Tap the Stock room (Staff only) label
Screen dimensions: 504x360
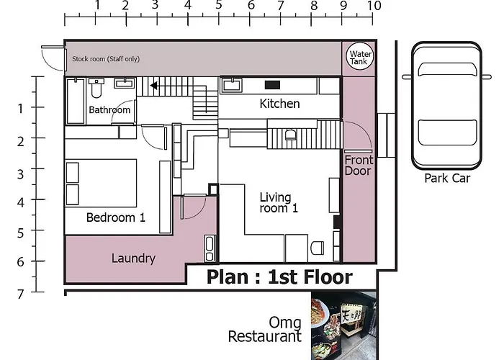pyautogui.click(x=106, y=59)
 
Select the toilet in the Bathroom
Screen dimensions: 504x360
pyautogui.click(x=96, y=88)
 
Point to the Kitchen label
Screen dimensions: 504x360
pyautogui.click(x=279, y=104)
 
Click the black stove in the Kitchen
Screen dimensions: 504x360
pyautogui.click(x=272, y=85)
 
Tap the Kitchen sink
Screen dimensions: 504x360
pyautogui.click(x=231, y=85)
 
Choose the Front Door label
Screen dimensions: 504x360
pyautogui.click(x=359, y=165)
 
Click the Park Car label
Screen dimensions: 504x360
pyautogui.click(x=447, y=178)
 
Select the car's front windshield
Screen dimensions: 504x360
pyautogui.click(x=447, y=70)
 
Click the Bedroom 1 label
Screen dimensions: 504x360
pyautogui.click(x=116, y=217)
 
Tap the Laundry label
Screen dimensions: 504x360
pyautogui.click(x=133, y=258)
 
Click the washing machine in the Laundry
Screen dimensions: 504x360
pyautogui.click(x=210, y=248)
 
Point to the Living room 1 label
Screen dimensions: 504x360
pyautogui.click(x=279, y=202)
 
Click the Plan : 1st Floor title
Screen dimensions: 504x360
pyautogui.click(x=279, y=276)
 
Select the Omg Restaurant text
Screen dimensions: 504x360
pyautogui.click(x=264, y=330)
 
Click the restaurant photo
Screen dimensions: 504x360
pyautogui.click(x=343, y=325)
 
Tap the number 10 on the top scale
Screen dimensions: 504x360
pyautogui.click(x=374, y=6)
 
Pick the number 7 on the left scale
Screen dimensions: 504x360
pyautogui.click(x=21, y=294)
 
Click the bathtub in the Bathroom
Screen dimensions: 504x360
pyautogui.click(x=76, y=101)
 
